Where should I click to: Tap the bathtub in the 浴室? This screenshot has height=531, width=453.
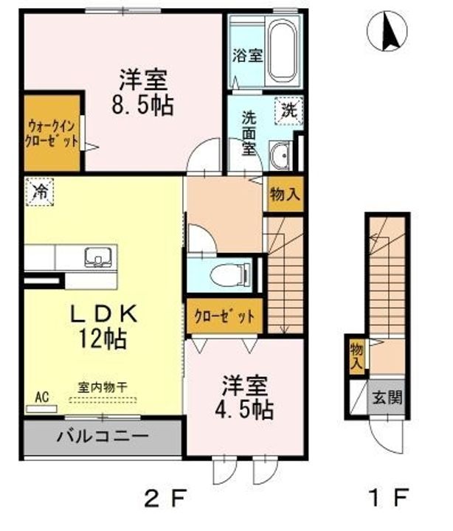tap(281, 51)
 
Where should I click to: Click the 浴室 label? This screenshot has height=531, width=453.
tap(246, 56)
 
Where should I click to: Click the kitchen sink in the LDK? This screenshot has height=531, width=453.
tap(97, 257)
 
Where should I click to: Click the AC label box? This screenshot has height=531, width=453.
tap(41, 398)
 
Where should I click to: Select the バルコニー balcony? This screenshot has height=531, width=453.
tap(102, 436)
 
